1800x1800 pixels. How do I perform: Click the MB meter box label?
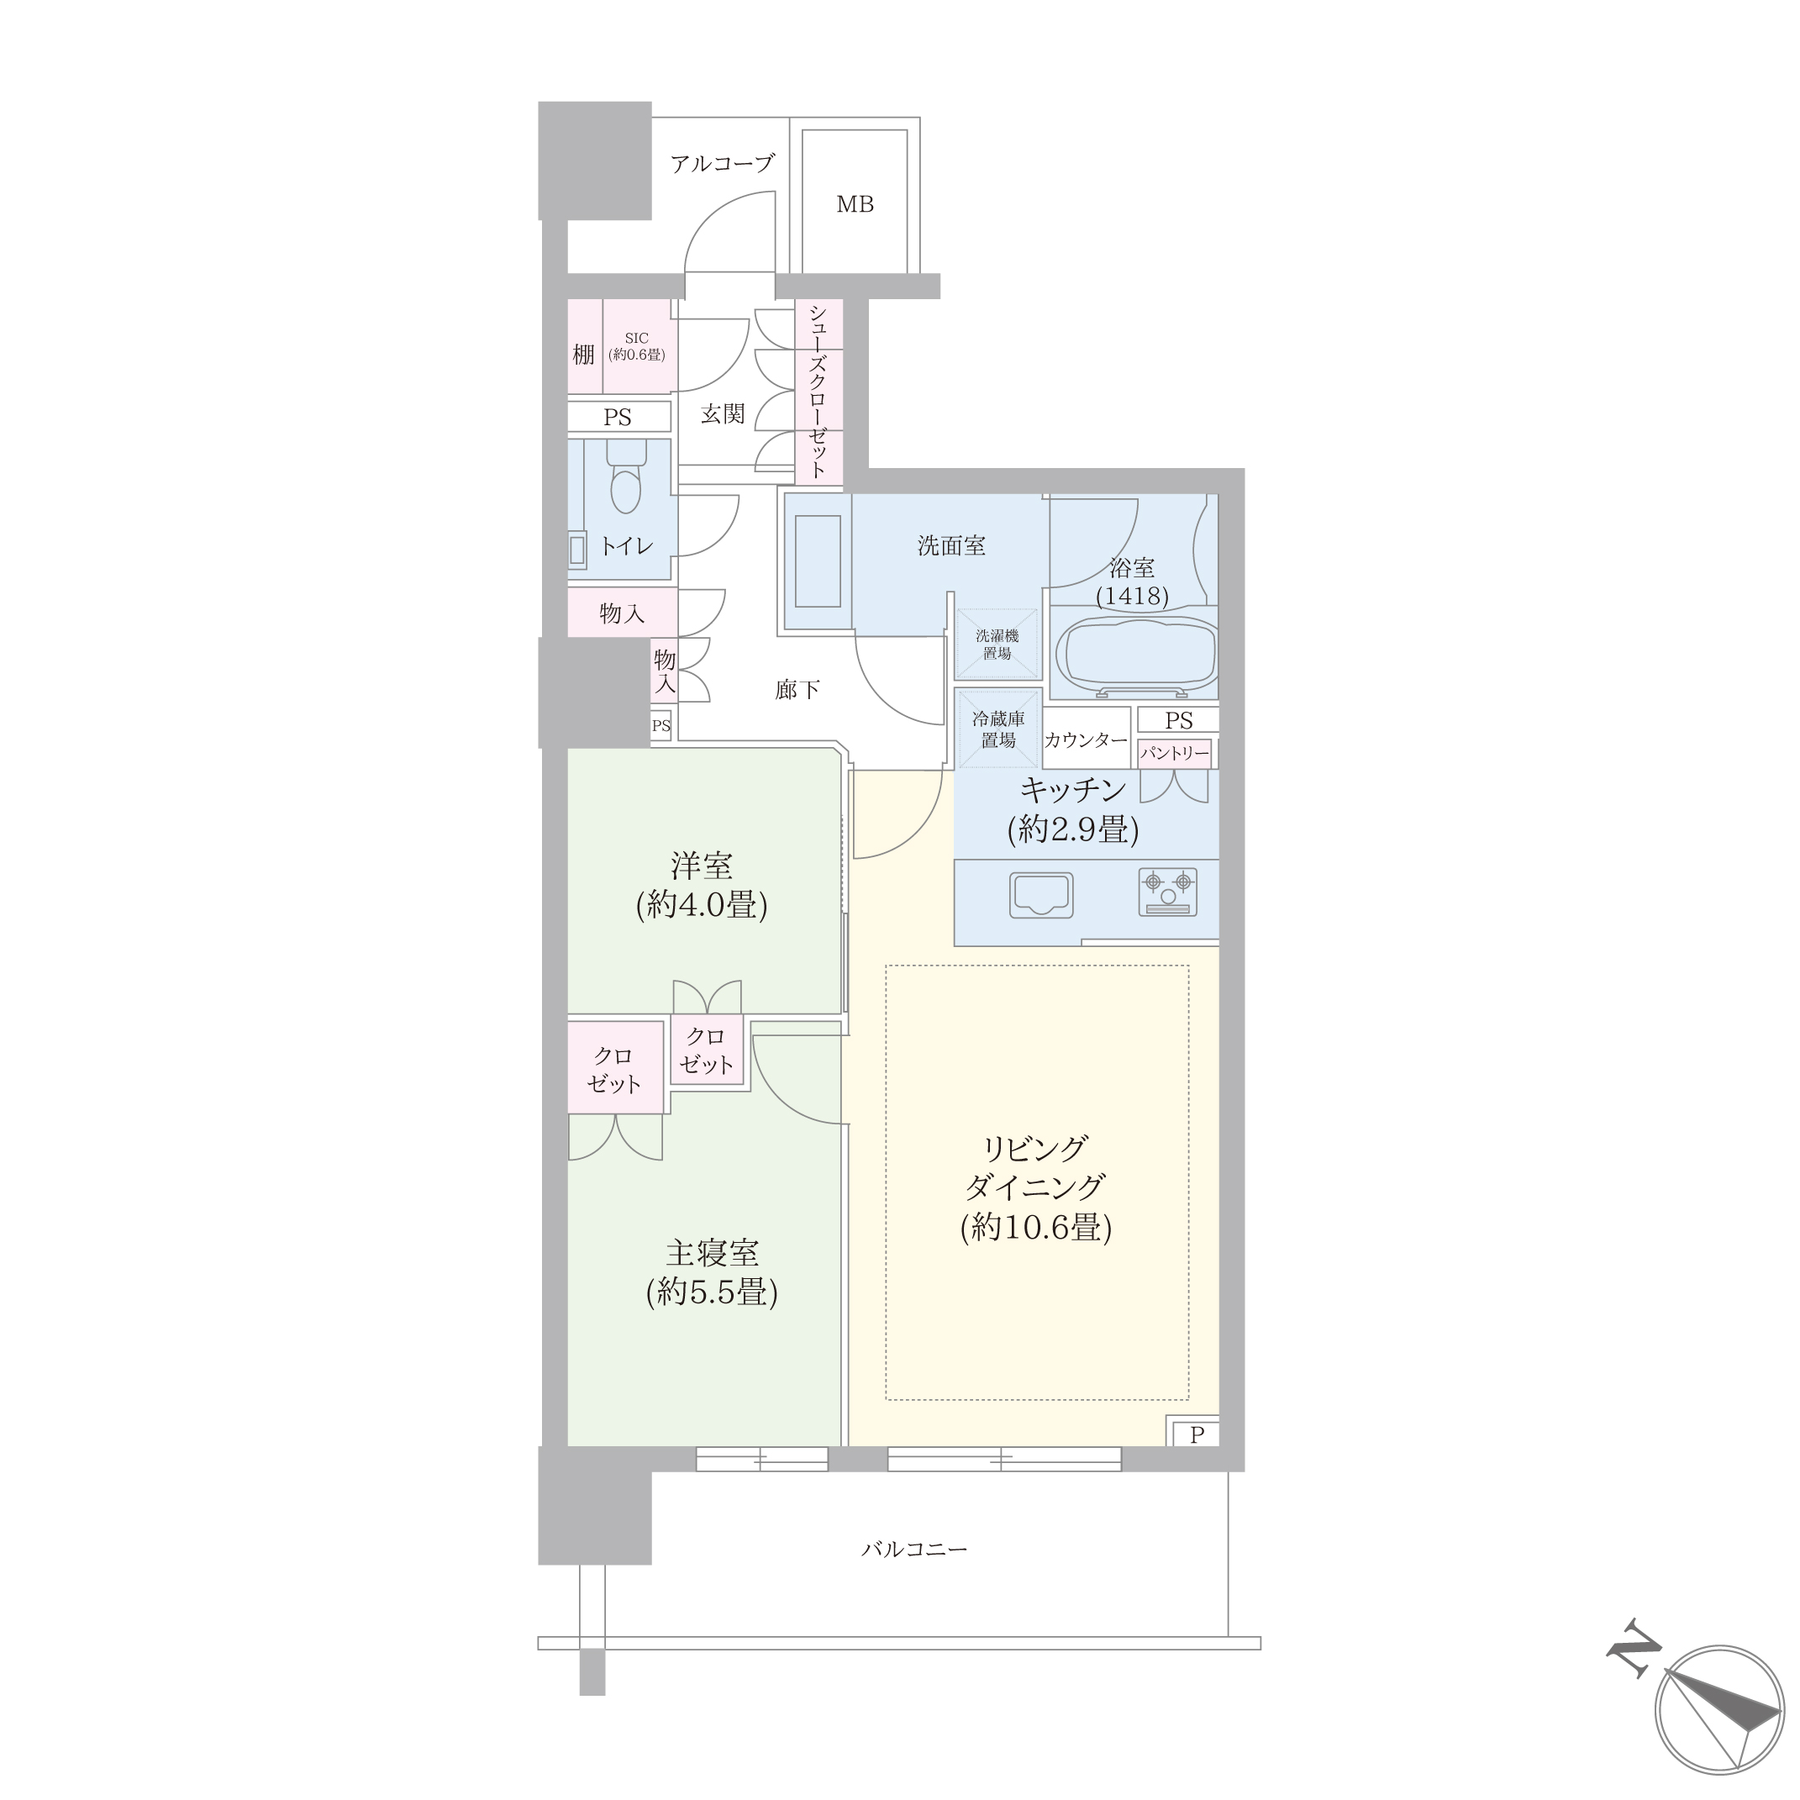tap(855, 204)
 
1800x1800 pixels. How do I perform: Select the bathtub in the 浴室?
tap(1136, 656)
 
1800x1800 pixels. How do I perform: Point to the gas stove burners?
tap(1167, 892)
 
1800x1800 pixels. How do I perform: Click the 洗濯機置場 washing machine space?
tap(997, 645)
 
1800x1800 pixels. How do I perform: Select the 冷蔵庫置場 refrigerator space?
tap(997, 729)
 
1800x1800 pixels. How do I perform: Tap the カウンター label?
tap(1086, 739)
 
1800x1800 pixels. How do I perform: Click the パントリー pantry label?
tap(1175, 753)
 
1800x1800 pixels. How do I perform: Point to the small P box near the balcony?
tap(1197, 1435)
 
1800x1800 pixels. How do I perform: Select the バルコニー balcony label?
tap(914, 1550)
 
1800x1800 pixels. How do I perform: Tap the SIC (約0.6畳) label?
tap(636, 346)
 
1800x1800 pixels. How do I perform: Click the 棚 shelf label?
tap(583, 354)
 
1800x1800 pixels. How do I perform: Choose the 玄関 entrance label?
tap(722, 413)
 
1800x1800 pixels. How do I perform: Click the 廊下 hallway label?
tap(797, 689)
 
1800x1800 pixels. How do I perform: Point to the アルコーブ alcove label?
tap(722, 164)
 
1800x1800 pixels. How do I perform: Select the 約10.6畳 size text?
tap(1036, 1227)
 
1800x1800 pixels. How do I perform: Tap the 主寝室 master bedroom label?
tap(712, 1252)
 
